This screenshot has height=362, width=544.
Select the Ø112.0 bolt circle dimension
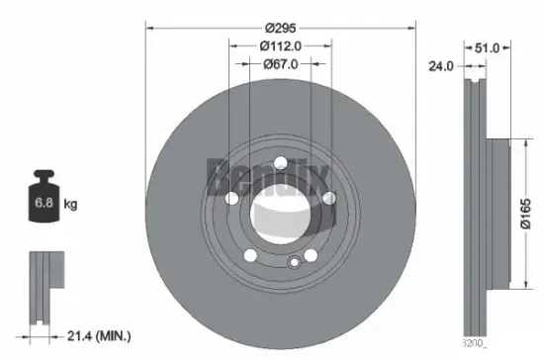click(x=280, y=45)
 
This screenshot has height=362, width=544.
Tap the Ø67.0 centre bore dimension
click(x=280, y=64)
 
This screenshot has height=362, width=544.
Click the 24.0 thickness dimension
click(x=441, y=67)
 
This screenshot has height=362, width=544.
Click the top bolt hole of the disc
click(x=280, y=163)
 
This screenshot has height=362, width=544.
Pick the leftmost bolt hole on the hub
click(x=232, y=199)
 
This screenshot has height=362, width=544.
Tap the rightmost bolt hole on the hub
click(x=328, y=199)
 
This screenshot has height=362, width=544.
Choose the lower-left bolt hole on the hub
click(x=250, y=255)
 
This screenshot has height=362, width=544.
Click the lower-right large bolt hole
click(x=311, y=256)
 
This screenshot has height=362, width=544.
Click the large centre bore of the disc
click(x=280, y=213)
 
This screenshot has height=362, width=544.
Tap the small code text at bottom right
click(x=475, y=343)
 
